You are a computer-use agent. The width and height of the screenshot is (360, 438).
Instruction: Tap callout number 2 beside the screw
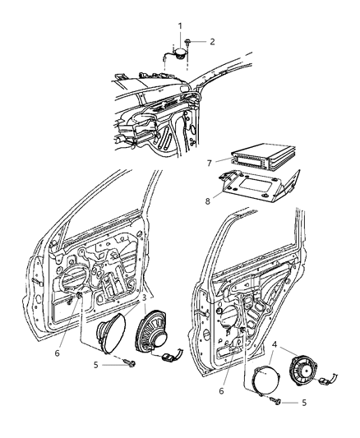[213, 41]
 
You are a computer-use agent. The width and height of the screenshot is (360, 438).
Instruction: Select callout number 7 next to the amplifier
[210, 164]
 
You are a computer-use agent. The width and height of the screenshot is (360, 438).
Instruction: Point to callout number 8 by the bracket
[210, 199]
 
